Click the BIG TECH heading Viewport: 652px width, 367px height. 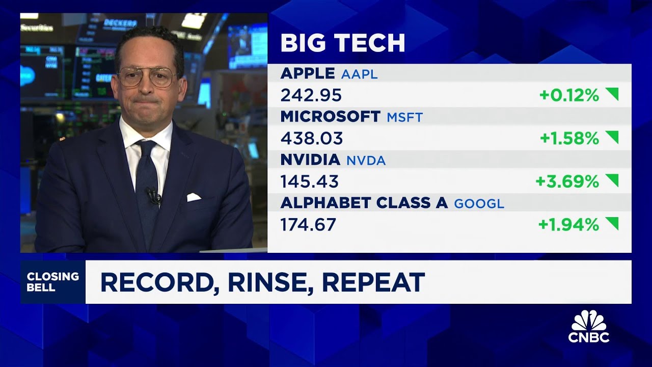(342, 43)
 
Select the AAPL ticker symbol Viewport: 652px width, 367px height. (360, 74)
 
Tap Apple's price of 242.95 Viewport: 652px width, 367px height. (311, 95)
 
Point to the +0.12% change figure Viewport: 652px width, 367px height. (569, 95)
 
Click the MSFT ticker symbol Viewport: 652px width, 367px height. (404, 117)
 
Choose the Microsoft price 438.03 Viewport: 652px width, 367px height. (311, 138)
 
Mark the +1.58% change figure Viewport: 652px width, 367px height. (569, 138)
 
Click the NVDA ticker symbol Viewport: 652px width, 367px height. (366, 161)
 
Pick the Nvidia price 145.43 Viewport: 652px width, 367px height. (309, 181)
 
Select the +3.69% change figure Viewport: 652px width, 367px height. (567, 181)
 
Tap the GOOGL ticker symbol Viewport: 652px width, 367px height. (479, 204)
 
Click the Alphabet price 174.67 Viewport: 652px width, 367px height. (308, 225)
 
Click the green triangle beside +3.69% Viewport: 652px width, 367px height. (612, 180)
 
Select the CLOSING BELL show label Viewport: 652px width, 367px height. (52, 282)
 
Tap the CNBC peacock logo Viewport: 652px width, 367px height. (589, 326)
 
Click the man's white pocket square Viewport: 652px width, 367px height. (194, 197)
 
